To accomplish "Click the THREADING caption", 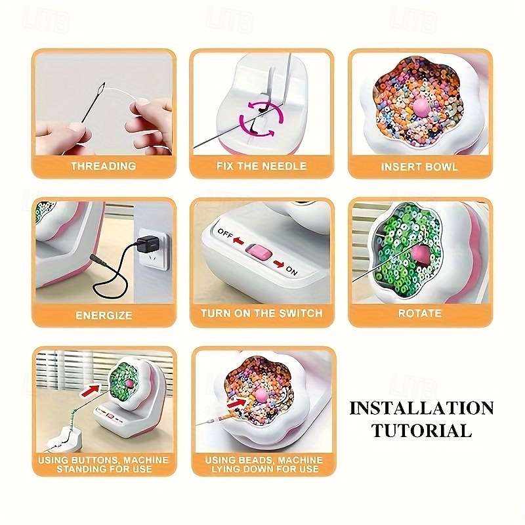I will point(103,167).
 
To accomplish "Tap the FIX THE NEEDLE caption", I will point(262,167).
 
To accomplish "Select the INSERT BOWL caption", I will point(420,167).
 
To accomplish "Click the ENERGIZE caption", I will point(103,315).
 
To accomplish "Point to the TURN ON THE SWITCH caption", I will point(262,314).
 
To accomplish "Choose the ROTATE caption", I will point(420,314).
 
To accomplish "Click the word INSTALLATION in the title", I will point(421,408).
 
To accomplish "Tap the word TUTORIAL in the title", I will point(421,430).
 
